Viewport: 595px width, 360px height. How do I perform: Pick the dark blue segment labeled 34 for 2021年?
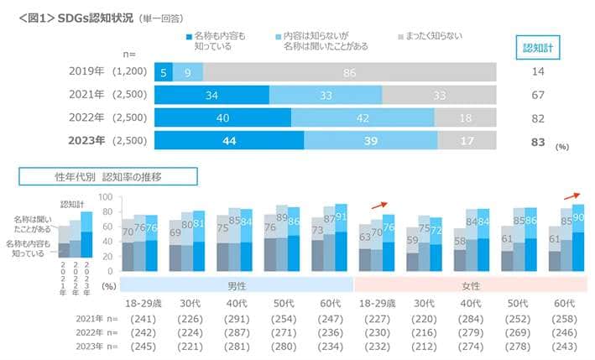click(211, 95)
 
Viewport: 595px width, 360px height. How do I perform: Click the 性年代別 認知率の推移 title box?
click(108, 176)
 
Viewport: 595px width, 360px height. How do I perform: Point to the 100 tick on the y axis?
click(106, 196)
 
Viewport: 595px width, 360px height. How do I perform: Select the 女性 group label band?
click(471, 284)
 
